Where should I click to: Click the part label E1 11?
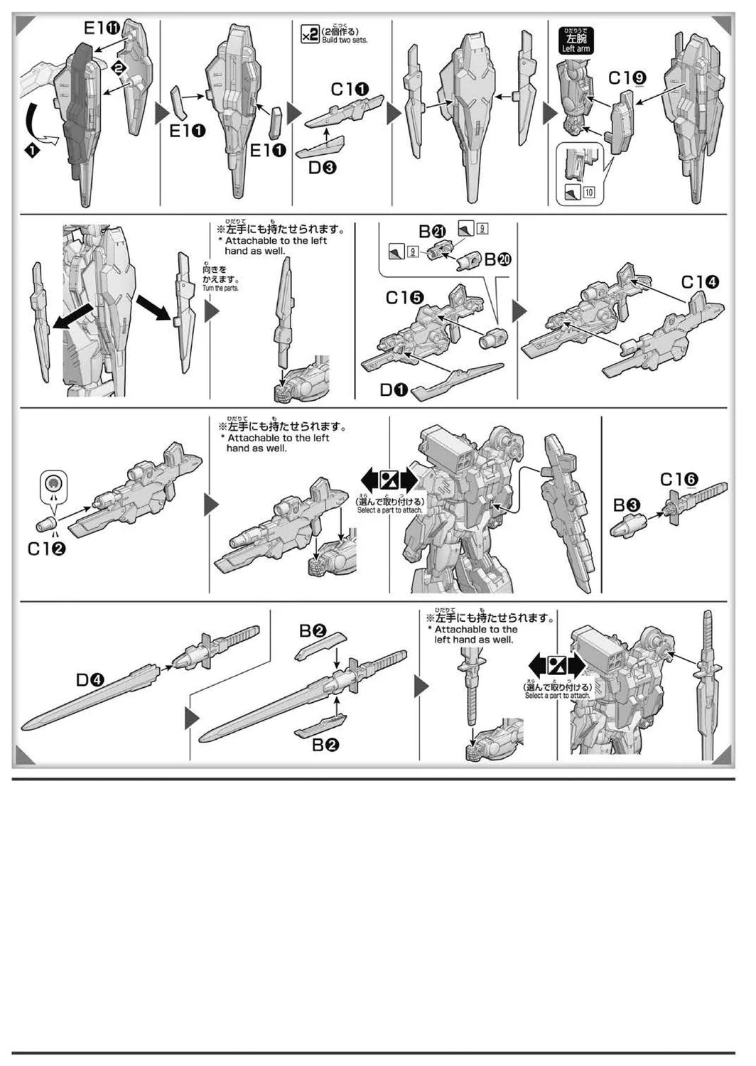click(103, 28)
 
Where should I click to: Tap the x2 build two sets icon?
click(310, 34)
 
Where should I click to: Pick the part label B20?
click(497, 260)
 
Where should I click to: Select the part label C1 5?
click(404, 298)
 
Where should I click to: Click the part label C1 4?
click(700, 282)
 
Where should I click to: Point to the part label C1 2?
click(46, 549)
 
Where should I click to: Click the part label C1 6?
click(679, 480)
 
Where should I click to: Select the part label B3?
click(627, 505)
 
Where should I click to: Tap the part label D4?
click(90, 680)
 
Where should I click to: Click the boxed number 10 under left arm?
click(589, 192)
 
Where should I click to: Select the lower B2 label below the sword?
click(325, 745)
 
